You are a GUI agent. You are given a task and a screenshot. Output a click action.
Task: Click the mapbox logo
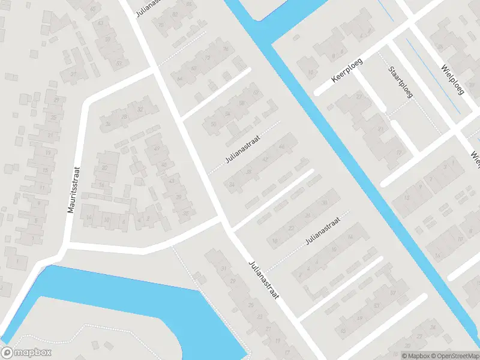coord(26,353)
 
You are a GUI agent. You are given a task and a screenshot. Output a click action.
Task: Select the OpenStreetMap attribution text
coord(454,356)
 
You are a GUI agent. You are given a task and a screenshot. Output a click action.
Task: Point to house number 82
coord(190,5)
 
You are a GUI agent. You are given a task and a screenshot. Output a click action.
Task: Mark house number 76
coord(226,49)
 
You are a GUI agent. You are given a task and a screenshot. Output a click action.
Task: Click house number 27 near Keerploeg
coord(359,97)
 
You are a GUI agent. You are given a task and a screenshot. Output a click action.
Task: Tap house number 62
coord(257,93)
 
